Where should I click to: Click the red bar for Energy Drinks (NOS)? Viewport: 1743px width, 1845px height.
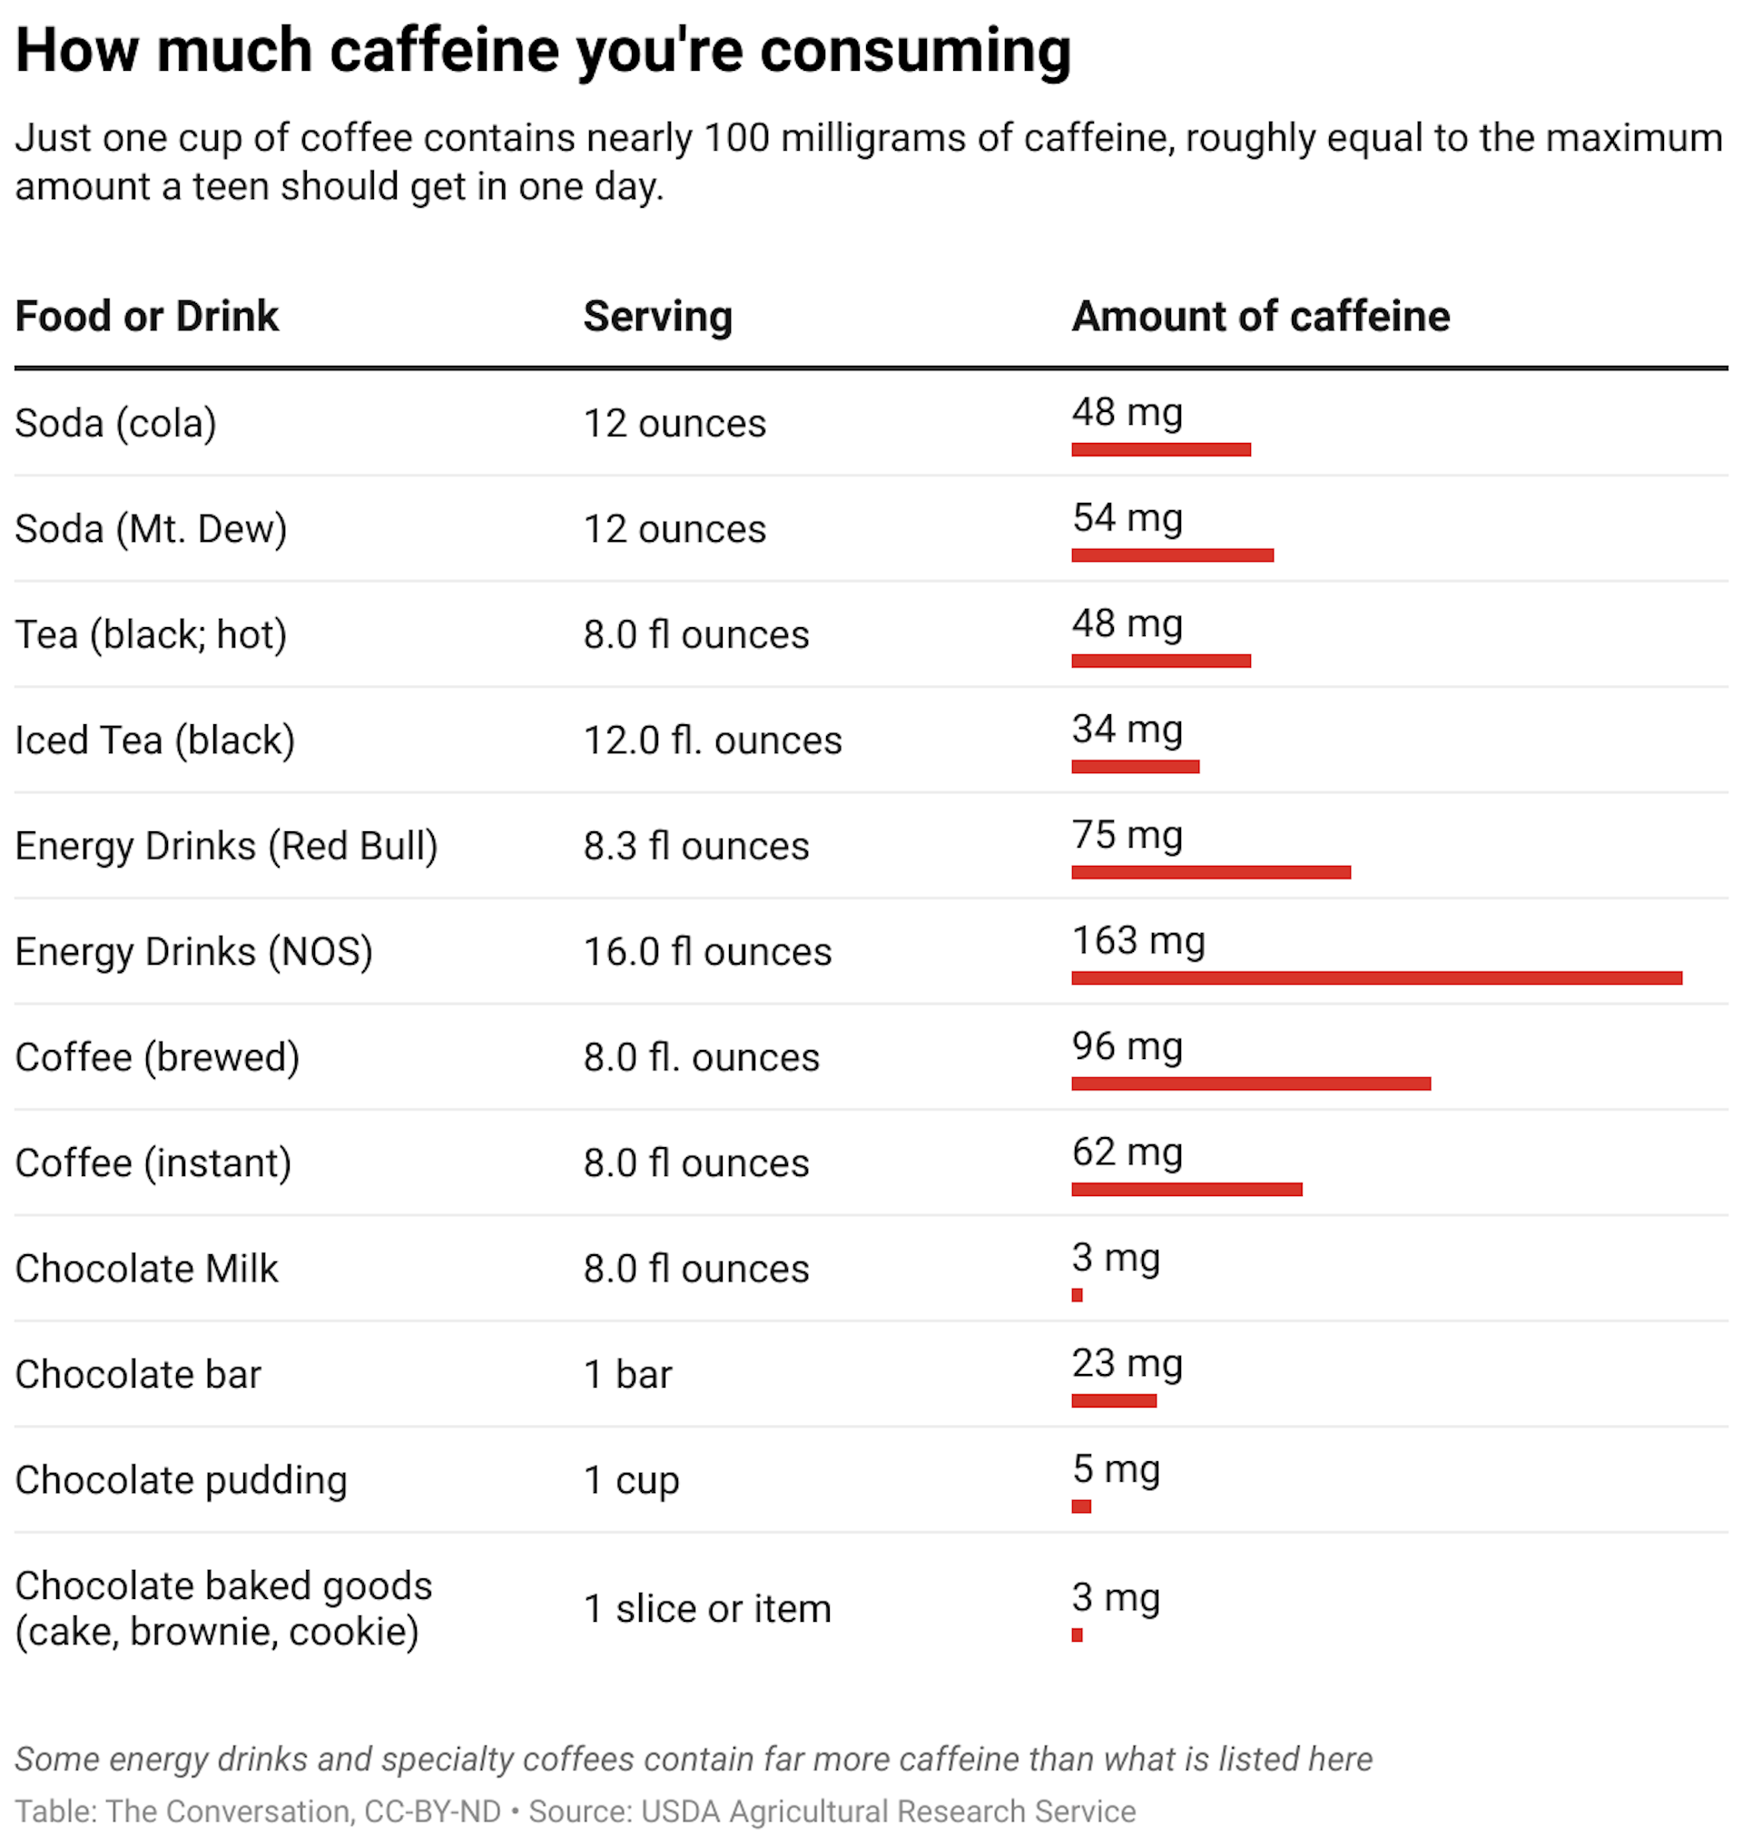click(1376, 977)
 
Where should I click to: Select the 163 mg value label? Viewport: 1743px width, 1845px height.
click(1138, 940)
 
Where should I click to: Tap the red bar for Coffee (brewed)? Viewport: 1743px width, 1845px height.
click(1251, 1084)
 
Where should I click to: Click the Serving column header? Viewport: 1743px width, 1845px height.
click(658, 316)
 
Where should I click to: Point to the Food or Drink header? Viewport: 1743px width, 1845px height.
click(147, 316)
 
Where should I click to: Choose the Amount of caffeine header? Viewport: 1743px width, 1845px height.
click(1260, 316)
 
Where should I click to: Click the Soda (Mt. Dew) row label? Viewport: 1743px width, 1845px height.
click(151, 528)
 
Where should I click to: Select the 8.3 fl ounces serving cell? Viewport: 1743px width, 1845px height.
click(696, 846)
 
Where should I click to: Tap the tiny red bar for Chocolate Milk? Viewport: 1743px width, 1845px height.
click(1077, 1295)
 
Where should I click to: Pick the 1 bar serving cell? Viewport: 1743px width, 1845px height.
click(627, 1374)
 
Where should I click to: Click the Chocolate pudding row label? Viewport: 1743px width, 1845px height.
click(182, 1480)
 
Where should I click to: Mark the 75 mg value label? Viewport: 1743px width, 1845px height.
click(1127, 834)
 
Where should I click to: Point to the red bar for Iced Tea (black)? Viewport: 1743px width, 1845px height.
click(1136, 767)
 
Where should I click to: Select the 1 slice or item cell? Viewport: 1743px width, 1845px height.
click(707, 1608)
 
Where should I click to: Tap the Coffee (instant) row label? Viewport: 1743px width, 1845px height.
click(153, 1163)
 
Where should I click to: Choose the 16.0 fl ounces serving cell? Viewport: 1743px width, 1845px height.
click(707, 951)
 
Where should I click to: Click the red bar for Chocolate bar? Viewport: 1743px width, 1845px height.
click(1114, 1401)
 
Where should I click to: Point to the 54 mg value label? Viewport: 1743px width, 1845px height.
click(1127, 517)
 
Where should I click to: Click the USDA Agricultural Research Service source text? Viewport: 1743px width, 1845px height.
click(888, 1811)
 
